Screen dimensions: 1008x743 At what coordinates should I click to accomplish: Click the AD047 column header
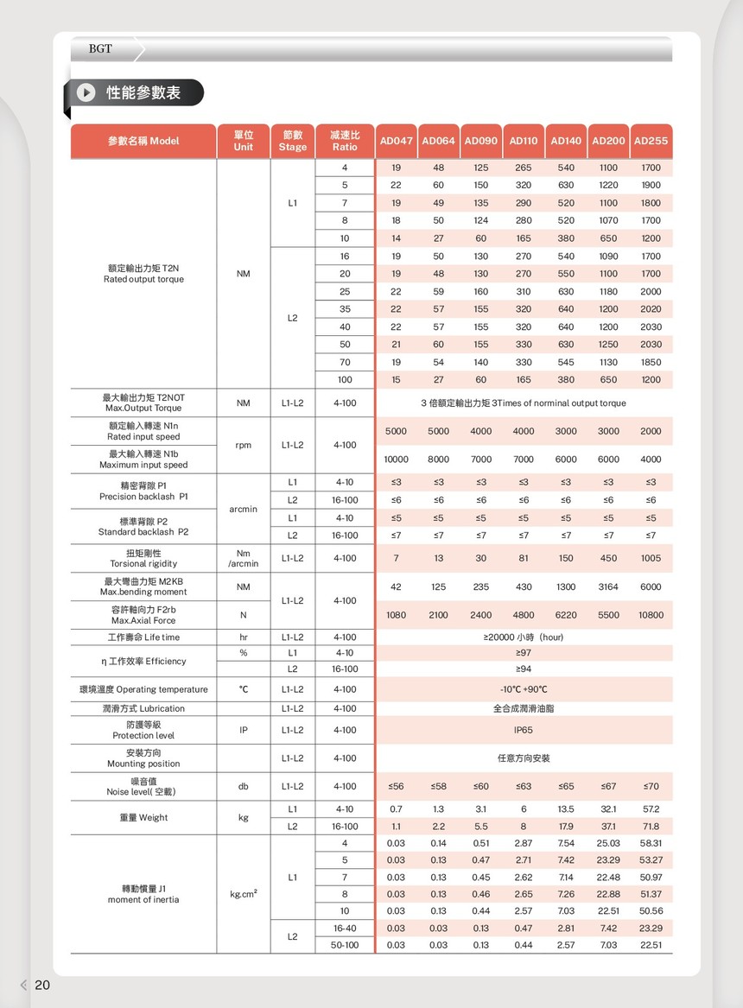[x=396, y=141]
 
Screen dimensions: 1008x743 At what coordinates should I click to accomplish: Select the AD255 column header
[x=651, y=141]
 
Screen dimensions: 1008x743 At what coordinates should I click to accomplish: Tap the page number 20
[x=42, y=986]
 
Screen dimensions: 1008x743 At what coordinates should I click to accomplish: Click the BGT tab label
[x=100, y=49]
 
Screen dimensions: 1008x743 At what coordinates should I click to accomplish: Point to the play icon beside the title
[x=86, y=92]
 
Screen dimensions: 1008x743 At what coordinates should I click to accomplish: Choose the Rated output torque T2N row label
[x=143, y=274]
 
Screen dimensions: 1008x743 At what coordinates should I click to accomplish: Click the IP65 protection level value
[x=524, y=730]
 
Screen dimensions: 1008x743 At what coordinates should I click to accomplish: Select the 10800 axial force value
[x=651, y=615]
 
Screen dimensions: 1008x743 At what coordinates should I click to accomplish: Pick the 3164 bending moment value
[x=608, y=586]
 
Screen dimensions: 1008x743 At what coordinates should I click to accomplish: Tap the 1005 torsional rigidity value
[x=651, y=558]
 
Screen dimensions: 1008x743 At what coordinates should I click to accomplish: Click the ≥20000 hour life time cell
[x=524, y=637]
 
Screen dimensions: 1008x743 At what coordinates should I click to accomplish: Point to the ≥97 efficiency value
[x=524, y=653]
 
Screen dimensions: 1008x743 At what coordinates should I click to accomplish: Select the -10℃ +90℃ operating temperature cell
[x=524, y=689]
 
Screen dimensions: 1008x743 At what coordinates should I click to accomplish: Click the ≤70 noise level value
[x=651, y=786]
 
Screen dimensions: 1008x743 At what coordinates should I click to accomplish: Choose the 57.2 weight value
[x=651, y=809]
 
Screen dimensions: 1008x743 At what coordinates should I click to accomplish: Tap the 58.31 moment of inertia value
[x=651, y=843]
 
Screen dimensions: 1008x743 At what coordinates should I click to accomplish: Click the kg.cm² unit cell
[x=243, y=894]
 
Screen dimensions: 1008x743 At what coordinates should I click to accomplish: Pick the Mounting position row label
[x=143, y=758]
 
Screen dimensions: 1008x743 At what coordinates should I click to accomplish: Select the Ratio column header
[x=345, y=141]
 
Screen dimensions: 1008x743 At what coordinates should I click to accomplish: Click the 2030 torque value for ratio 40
[x=651, y=326]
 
